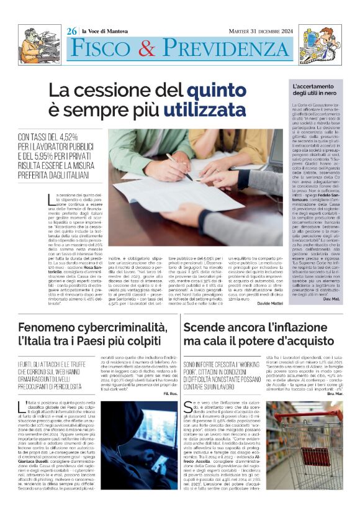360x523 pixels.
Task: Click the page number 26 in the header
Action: [x=72, y=30]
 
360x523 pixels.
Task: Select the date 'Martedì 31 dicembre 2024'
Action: [x=258, y=30]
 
